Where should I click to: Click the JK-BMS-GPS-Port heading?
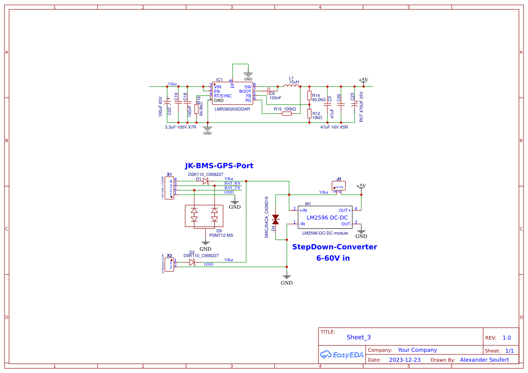point(219,166)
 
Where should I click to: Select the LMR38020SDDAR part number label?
point(232,108)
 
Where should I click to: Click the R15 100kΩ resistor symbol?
point(287,114)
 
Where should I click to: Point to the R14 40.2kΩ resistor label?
point(318,98)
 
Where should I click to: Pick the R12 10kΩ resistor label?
point(317,115)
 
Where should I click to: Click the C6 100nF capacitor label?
point(275,96)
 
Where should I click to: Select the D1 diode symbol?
point(206,181)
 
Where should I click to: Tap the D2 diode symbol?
point(192,262)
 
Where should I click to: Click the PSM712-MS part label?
point(221,235)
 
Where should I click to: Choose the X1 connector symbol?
point(169,188)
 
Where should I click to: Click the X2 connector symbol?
point(169,265)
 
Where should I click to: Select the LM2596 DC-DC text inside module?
point(327,218)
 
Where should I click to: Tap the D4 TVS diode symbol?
point(275,219)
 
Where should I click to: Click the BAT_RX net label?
point(232,183)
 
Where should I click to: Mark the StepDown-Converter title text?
point(334,247)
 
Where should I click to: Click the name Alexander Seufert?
point(484,360)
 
